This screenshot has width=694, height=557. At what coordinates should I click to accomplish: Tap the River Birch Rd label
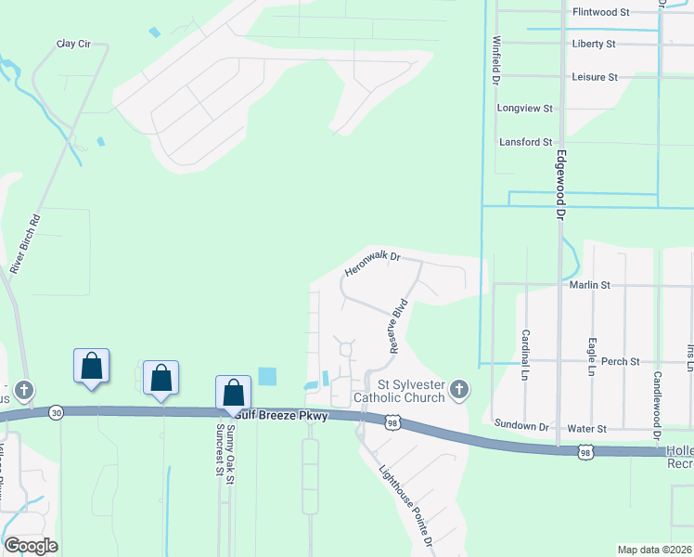[28, 243]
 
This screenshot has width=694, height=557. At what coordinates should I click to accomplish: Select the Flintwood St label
[601, 12]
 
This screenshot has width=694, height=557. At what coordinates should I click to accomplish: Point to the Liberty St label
[595, 44]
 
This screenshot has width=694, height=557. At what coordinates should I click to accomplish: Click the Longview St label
[525, 109]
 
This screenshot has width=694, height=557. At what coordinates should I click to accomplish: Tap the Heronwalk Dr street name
[371, 265]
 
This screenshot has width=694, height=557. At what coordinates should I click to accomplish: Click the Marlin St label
[591, 285]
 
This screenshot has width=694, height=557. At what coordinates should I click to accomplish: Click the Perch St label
[621, 361]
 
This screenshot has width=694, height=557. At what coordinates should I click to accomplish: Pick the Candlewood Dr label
[656, 405]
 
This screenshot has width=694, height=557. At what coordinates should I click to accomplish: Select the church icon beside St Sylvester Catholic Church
[459, 392]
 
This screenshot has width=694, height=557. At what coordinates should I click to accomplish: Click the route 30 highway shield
[57, 413]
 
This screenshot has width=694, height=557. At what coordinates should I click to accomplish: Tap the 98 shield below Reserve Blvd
[393, 421]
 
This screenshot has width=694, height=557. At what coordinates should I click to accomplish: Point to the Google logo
[31, 546]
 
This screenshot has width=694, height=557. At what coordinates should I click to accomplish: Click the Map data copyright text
[654, 549]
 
